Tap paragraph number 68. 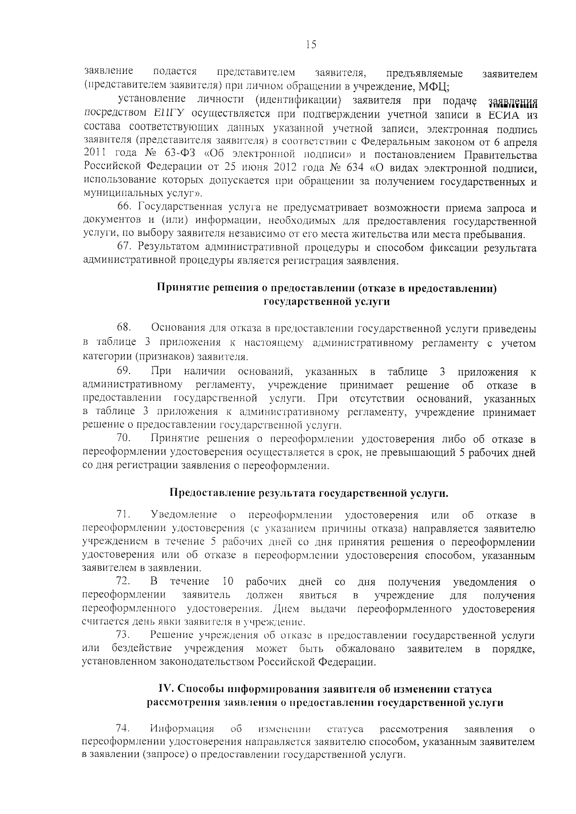click(124, 328)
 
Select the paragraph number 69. click(124, 371)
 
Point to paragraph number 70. click(124, 439)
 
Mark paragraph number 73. click(124, 635)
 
